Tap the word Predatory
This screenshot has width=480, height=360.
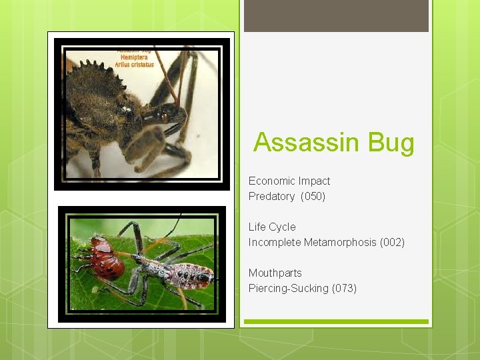(271, 197)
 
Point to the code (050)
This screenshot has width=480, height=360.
(313, 197)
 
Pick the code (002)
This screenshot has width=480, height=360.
(392, 243)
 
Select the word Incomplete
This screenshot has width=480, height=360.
(275, 243)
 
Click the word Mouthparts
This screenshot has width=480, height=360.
(275, 273)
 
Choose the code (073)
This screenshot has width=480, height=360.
(344, 289)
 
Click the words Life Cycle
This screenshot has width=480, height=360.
(272, 227)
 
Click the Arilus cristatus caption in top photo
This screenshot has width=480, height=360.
(134, 65)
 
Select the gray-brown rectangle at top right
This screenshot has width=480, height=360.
(336, 15)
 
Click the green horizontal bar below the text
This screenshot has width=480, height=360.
(336, 321)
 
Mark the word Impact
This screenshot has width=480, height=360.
(314, 181)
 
